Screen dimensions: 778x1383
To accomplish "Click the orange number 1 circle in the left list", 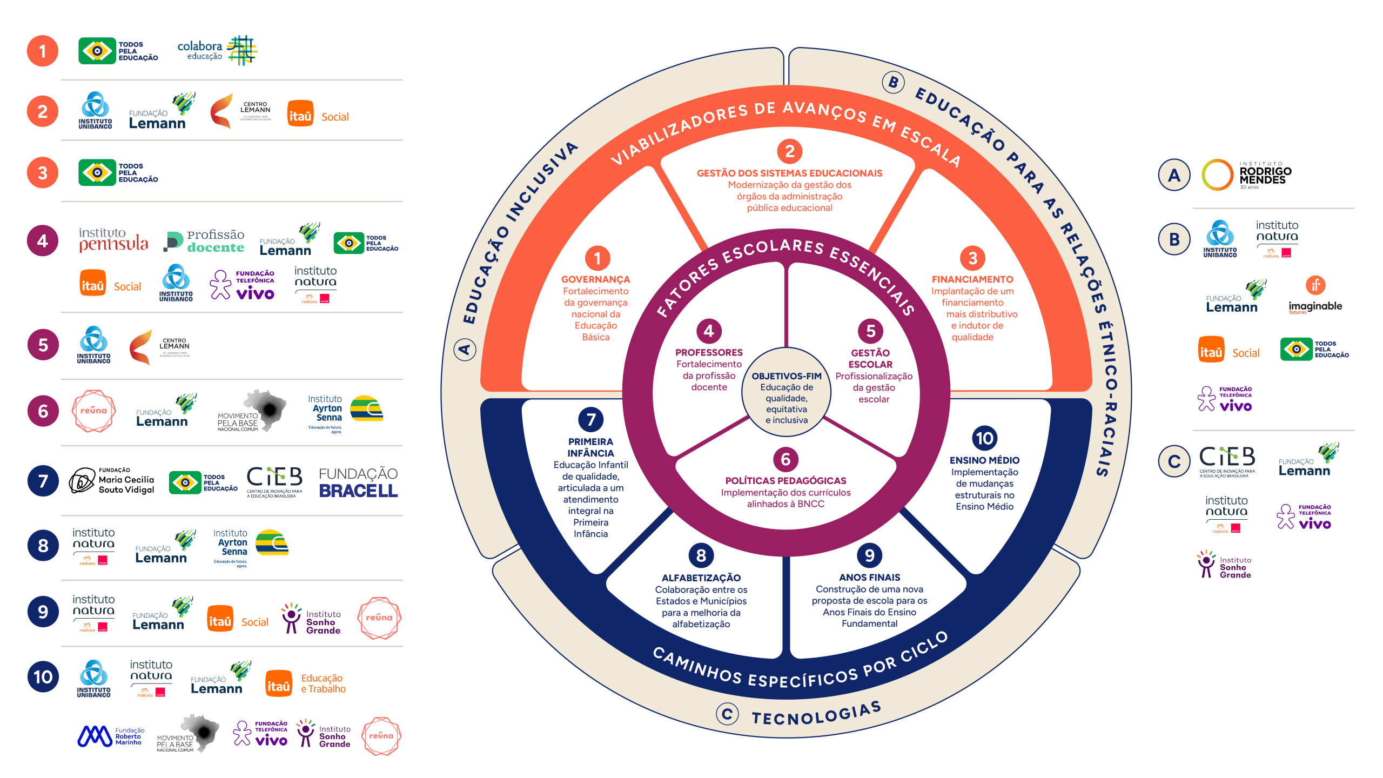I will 43,51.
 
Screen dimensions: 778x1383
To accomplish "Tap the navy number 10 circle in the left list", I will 43,676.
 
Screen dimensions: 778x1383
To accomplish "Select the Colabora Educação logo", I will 217,51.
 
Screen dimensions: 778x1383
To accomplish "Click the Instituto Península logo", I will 113,240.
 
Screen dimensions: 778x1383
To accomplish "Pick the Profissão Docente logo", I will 204,242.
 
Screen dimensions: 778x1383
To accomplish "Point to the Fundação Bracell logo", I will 358,482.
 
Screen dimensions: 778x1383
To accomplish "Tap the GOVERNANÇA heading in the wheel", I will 595,279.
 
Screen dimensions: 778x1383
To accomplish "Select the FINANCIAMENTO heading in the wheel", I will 972,279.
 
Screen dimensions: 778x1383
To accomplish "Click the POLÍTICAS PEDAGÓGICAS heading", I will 786,481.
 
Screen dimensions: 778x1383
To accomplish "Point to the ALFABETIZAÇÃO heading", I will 701,578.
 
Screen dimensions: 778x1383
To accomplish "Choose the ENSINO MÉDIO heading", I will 984,460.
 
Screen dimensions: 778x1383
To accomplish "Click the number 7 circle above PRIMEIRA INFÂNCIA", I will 590,419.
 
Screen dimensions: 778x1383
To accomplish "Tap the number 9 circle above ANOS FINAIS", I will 869,555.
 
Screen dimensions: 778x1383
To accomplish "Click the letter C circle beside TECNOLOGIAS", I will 727,714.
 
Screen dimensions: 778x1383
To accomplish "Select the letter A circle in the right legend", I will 1174,175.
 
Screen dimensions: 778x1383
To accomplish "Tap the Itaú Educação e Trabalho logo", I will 306,683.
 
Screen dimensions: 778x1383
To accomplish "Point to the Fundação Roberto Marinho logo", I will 111,736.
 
